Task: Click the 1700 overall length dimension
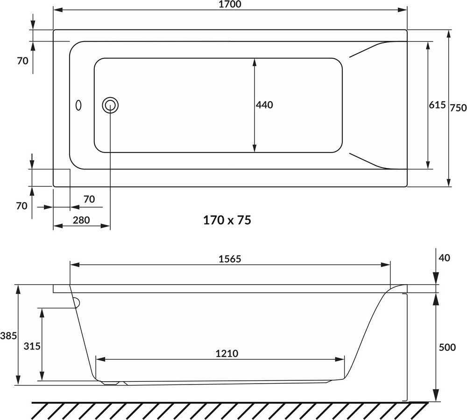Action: [x=230, y=5]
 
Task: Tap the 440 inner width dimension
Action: [x=264, y=105]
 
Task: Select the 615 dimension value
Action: [x=437, y=105]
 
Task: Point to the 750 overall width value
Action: [x=458, y=107]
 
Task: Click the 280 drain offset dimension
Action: [x=81, y=220]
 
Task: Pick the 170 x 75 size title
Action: [x=227, y=220]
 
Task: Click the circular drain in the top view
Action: [x=110, y=105]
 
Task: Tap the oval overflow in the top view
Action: [x=78, y=105]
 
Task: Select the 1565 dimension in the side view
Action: [x=230, y=259]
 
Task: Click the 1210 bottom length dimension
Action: [x=227, y=353]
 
